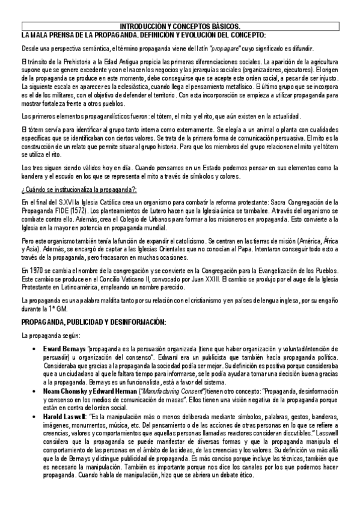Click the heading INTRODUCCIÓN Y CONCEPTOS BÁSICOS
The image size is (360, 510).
(x=180, y=26)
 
